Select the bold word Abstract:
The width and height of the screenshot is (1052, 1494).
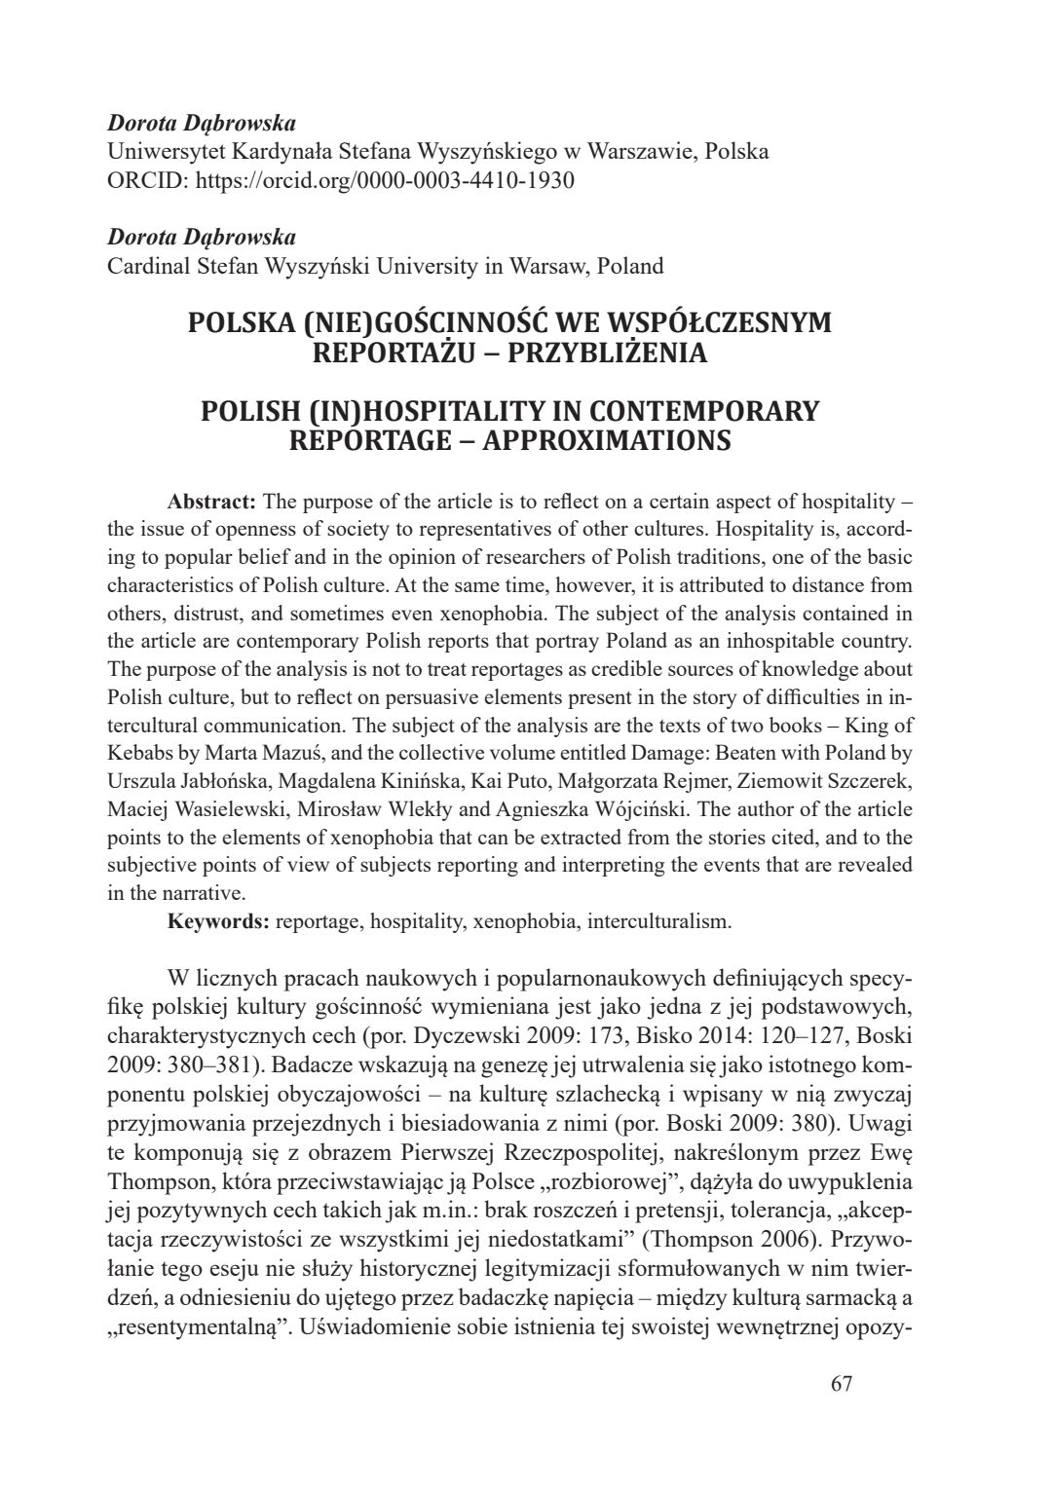(x=211, y=503)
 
